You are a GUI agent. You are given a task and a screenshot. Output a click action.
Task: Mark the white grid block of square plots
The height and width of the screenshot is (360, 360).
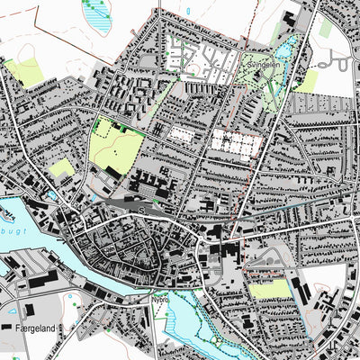(x=236, y=142)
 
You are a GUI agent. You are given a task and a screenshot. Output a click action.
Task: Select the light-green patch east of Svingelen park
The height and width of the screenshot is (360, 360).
(x=306, y=81)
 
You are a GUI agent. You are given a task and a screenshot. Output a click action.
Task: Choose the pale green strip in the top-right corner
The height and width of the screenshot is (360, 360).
(x=325, y=27)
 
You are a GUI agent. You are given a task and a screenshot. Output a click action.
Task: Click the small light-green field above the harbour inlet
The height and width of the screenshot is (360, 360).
(x=61, y=168)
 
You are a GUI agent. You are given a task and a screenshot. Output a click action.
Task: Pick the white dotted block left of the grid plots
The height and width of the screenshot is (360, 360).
(x=183, y=134)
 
